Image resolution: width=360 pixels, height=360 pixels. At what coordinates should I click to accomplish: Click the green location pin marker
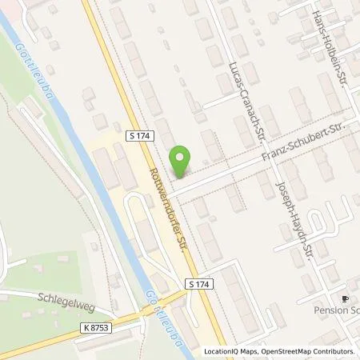[x=181, y=161]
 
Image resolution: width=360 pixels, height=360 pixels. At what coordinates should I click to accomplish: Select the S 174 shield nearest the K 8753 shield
[x=200, y=284]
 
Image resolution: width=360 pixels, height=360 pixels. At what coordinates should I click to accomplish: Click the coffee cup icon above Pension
[x=345, y=298]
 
